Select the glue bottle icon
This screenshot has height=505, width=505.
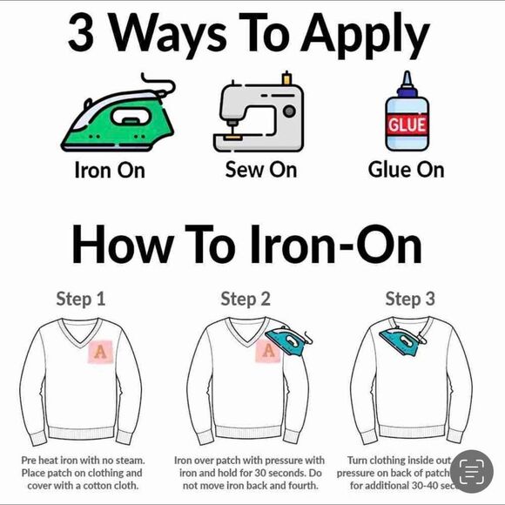tap(406, 113)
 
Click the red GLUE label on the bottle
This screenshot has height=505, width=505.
tap(407, 124)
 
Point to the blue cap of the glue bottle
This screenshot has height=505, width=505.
tap(406, 83)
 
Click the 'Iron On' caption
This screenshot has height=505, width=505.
tap(109, 170)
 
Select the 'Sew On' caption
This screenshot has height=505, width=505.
tap(260, 170)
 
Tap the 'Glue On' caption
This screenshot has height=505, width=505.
tap(406, 170)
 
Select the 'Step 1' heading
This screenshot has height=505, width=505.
tap(80, 299)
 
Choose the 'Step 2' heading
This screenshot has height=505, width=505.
tap(246, 299)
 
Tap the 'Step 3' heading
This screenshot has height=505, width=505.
tap(410, 299)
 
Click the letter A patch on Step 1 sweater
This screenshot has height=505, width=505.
tap(101, 351)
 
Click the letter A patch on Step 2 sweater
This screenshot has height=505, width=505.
tap(268, 351)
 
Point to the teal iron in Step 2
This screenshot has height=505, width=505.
tap(290, 342)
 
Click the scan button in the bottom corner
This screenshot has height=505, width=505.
tap(471, 473)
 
